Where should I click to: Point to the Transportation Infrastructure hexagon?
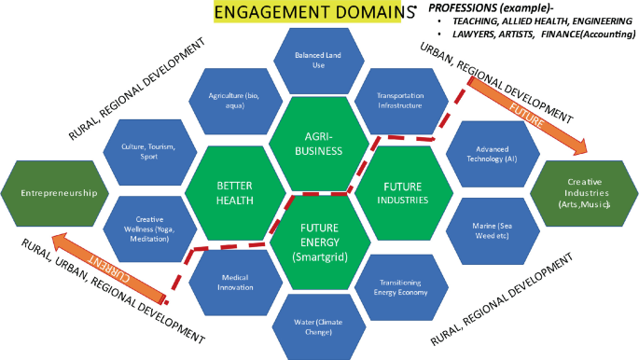(x=399, y=101)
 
